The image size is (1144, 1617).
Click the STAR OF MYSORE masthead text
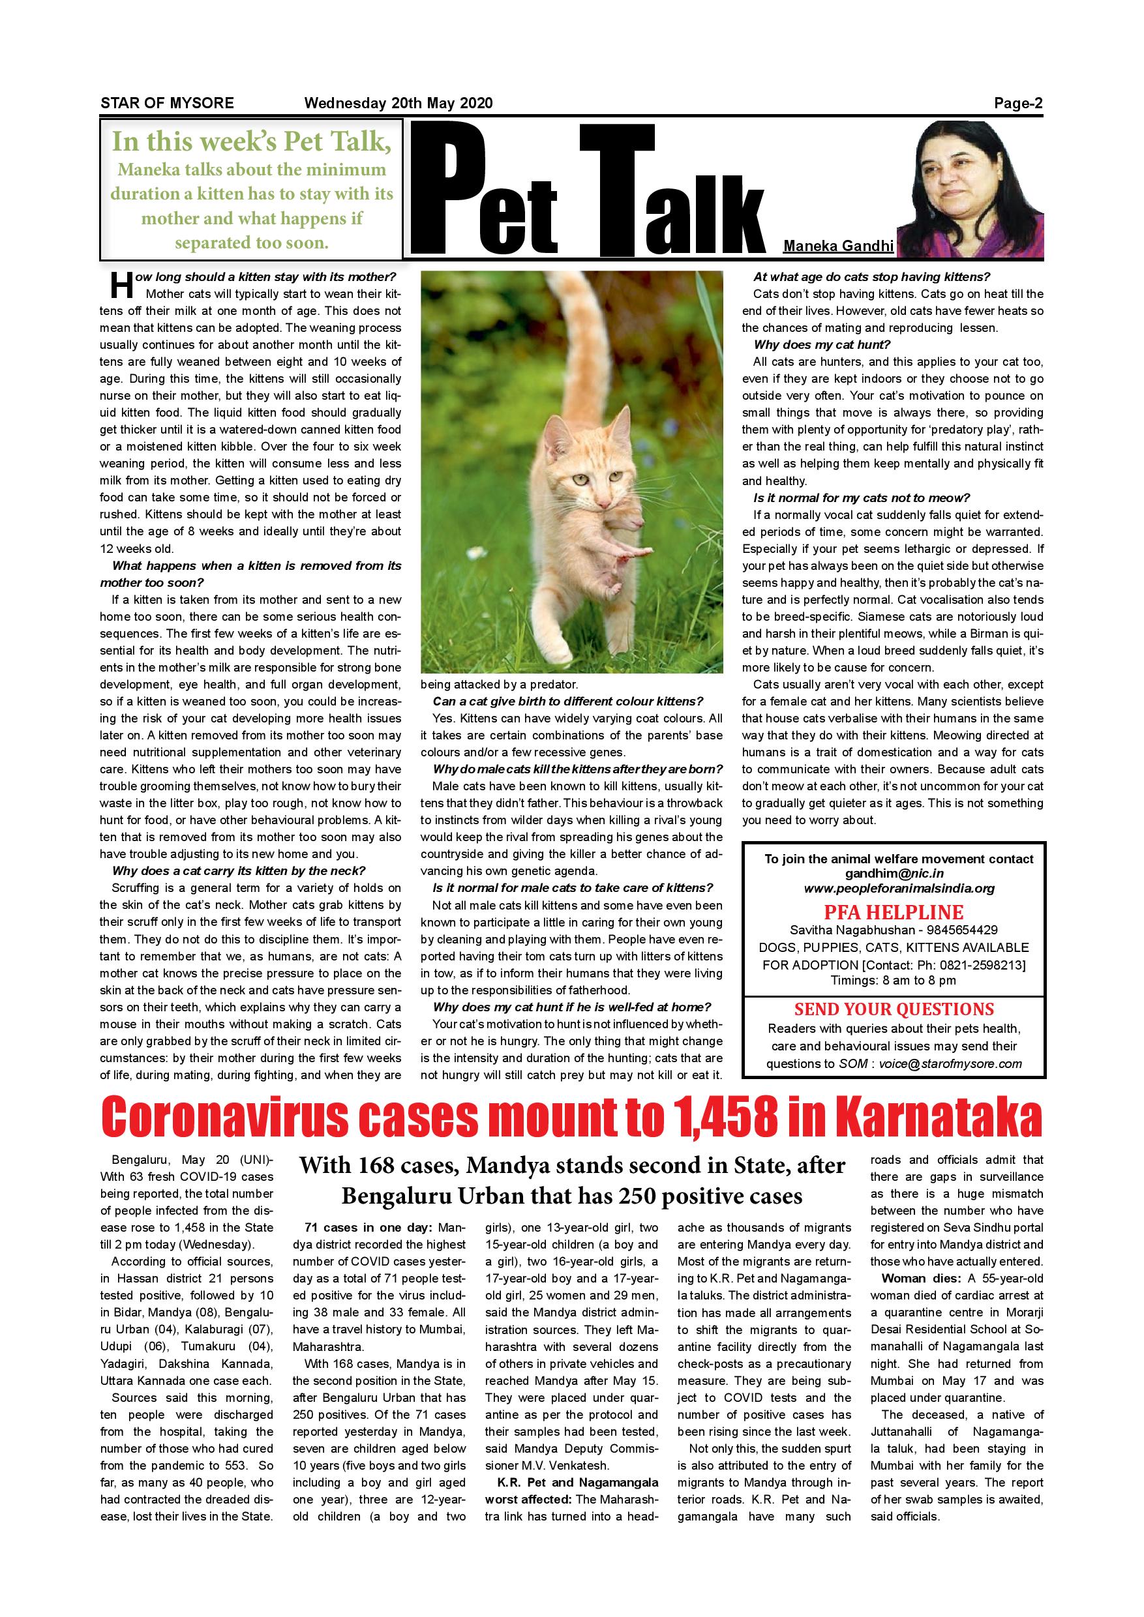[x=167, y=103]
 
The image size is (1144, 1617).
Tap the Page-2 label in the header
[x=1018, y=104]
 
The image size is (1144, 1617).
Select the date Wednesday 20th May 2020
[x=398, y=103]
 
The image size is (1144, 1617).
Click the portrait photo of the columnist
[x=970, y=188]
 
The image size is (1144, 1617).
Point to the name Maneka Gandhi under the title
[x=838, y=246]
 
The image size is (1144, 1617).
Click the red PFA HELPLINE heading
[x=894, y=912]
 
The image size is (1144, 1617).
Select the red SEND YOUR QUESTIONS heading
[x=894, y=1009]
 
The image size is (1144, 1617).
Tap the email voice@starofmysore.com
[x=950, y=1063]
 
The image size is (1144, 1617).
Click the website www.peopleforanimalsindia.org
[x=899, y=888]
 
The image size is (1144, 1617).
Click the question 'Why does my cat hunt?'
[x=822, y=344]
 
